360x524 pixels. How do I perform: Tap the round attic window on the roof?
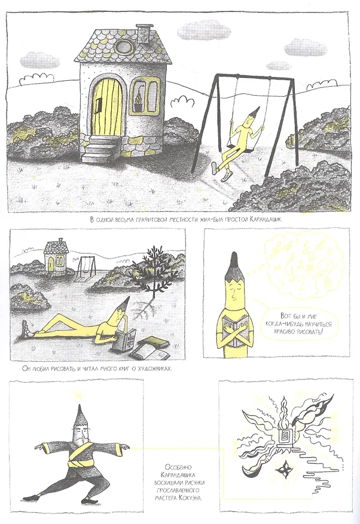[x=122, y=47]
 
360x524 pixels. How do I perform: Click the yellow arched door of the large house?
[x=107, y=106]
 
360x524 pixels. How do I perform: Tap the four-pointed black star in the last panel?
[x=285, y=471]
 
